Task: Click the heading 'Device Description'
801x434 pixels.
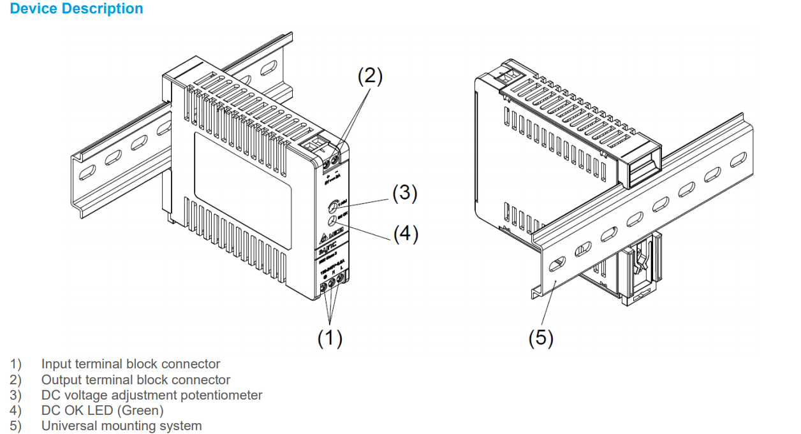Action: pos(77,9)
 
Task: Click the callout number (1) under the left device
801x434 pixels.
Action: pos(330,338)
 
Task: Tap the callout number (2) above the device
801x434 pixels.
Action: pos(370,76)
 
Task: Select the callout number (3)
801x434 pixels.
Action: pos(404,193)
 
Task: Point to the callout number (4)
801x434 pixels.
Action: pos(405,234)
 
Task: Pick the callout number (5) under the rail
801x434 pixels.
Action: pos(541,338)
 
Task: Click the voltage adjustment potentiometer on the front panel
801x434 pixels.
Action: pos(333,206)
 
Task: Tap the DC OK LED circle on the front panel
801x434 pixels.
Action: pos(333,221)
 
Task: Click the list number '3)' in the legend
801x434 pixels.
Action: pos(15,395)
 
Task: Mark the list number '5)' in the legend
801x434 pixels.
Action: pos(15,426)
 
